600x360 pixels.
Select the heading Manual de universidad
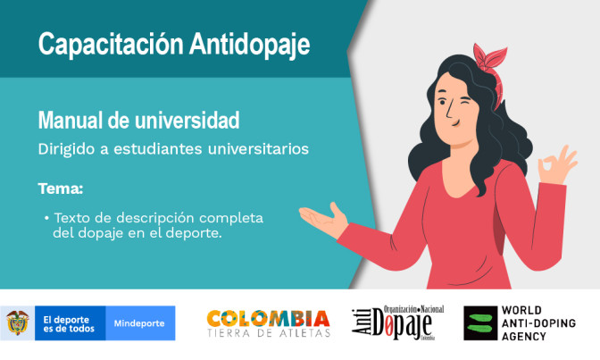tap(137, 119)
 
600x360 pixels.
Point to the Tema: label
tap(61, 188)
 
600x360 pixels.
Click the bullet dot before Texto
tap(46, 217)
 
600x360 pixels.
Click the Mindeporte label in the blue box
tap(139, 322)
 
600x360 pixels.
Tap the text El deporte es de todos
tap(68, 322)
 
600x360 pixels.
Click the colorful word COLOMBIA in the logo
tap(268, 318)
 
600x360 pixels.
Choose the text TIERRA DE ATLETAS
tap(268, 334)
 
